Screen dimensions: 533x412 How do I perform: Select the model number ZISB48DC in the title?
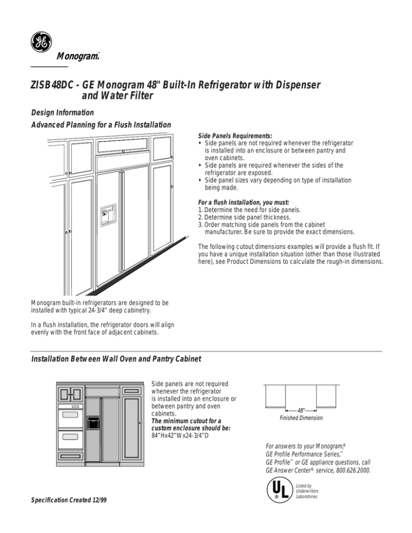click(x=57, y=86)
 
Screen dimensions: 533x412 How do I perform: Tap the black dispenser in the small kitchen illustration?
click(x=93, y=421)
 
